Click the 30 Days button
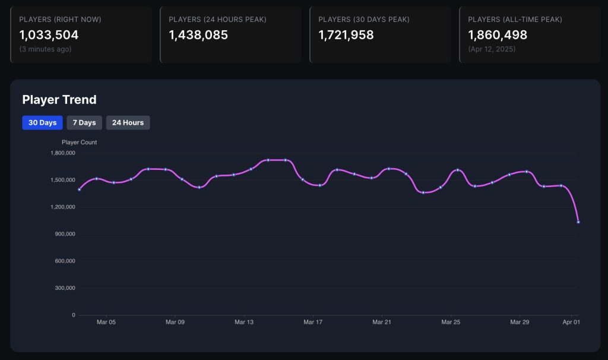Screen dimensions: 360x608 click(42, 122)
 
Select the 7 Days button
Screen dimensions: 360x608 click(84, 122)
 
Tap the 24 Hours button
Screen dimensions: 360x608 click(128, 122)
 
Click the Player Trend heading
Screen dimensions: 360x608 click(59, 100)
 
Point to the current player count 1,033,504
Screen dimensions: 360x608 click(49, 35)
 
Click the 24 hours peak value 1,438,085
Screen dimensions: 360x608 click(198, 35)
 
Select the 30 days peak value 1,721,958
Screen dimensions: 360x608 click(346, 35)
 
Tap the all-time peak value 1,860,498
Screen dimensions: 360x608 click(498, 35)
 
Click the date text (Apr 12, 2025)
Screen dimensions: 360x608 click(492, 49)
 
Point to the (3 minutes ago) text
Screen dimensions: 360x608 click(45, 49)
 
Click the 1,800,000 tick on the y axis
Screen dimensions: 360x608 click(62, 153)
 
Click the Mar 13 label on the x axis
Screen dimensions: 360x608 click(244, 322)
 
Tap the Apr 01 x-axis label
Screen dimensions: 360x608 click(571, 322)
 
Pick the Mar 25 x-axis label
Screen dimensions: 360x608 click(451, 322)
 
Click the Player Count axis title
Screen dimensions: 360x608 click(79, 143)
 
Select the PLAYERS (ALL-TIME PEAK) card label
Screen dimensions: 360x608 click(515, 20)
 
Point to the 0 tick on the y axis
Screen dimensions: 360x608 click(74, 315)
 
